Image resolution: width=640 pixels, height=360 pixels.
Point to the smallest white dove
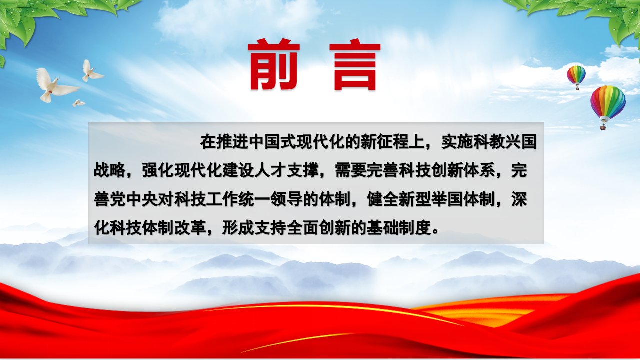point(78,103)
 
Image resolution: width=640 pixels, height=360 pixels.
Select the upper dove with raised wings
point(92,71)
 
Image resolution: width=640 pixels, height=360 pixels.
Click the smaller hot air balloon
point(576,77)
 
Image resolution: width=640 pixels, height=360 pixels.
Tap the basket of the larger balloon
point(603,126)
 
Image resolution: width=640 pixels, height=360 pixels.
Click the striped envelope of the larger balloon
point(608,101)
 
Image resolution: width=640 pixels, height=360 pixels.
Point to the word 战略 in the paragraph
point(110,170)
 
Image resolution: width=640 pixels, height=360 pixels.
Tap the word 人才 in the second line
point(270,170)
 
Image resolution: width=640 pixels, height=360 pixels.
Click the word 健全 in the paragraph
point(383,199)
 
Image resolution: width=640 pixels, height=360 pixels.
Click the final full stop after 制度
point(435,232)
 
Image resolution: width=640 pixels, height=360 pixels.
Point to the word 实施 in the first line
point(457,142)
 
